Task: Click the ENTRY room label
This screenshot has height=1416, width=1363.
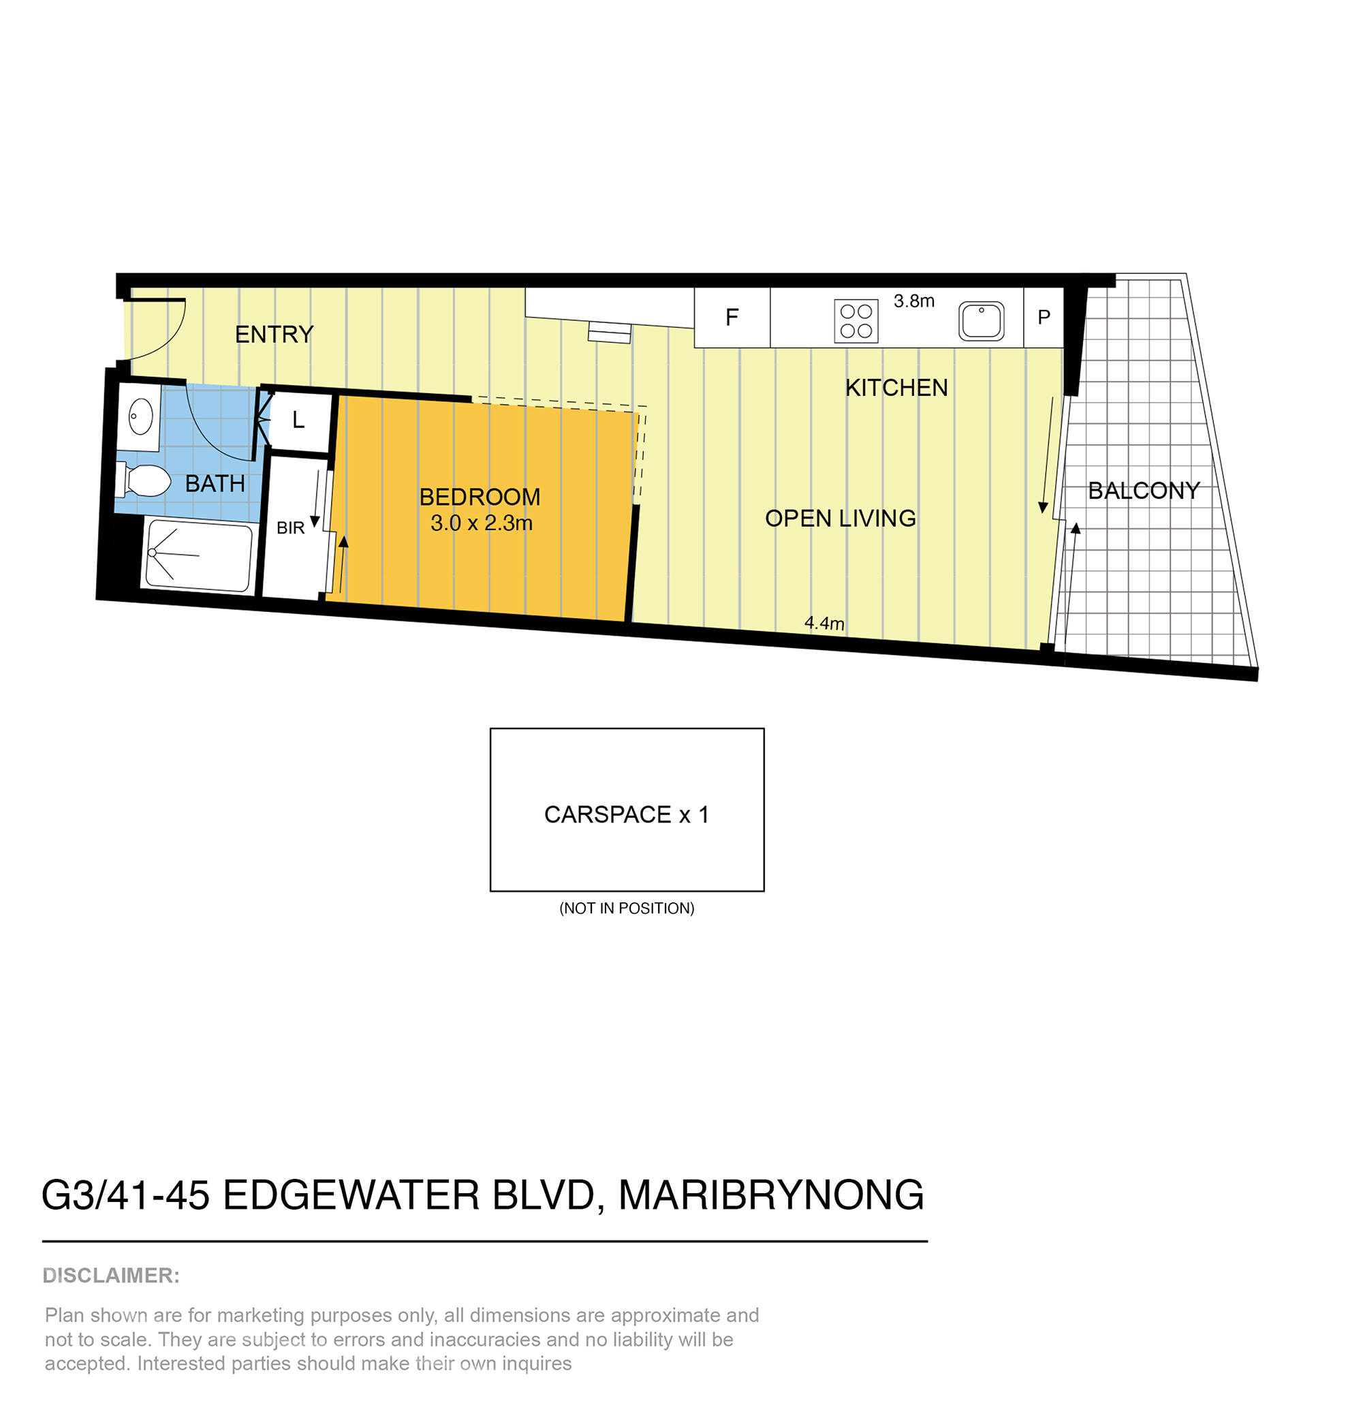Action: point(274,335)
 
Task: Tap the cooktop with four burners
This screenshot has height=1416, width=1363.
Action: point(856,322)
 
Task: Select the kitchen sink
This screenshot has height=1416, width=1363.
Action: point(980,321)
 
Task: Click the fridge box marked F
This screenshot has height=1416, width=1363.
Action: point(731,317)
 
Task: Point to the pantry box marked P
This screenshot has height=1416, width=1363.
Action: point(1043,317)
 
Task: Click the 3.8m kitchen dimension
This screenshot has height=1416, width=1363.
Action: point(913,301)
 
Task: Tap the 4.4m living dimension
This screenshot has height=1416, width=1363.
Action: point(824,623)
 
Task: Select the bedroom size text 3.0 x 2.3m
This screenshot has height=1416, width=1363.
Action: point(481,523)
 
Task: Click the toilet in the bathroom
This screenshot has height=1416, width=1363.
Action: point(144,480)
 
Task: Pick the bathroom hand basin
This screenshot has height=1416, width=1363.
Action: point(140,417)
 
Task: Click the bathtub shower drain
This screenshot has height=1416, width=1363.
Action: point(153,553)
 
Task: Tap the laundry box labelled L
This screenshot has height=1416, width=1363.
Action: point(298,420)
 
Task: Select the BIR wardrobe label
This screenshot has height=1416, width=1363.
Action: point(290,528)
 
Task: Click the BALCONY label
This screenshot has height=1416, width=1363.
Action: point(1144,491)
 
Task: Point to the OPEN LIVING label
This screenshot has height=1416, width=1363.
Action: point(840,518)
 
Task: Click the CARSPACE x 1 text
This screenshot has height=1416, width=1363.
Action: point(626,815)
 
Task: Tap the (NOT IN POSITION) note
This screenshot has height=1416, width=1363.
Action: point(626,908)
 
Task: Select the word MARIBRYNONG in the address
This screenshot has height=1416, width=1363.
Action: point(770,1196)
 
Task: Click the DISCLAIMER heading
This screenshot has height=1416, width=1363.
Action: point(111,1276)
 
